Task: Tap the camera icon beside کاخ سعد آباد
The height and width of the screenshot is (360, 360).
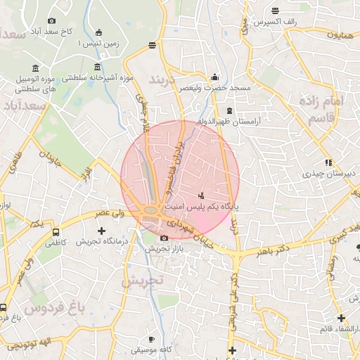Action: click(x=51, y=21)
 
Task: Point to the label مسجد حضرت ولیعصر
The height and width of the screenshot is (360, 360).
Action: click(x=214, y=89)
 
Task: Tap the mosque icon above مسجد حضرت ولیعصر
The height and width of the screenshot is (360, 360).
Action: click(x=214, y=77)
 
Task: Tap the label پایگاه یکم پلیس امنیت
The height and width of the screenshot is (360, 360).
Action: click(x=202, y=207)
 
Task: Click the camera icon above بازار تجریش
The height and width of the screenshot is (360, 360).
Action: click(x=164, y=238)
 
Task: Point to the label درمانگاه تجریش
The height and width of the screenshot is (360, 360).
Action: click(x=101, y=241)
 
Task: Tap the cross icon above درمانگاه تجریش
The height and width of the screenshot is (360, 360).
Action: click(x=101, y=230)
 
